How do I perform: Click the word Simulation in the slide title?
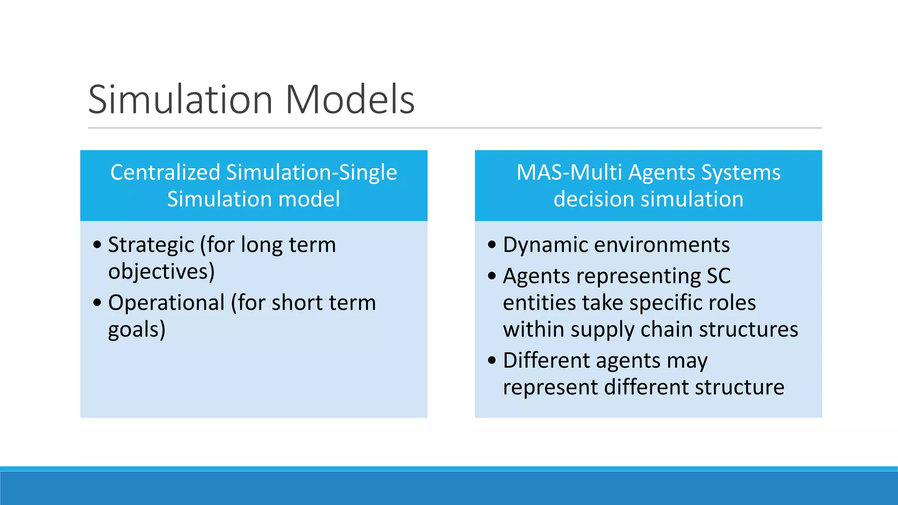point(180,100)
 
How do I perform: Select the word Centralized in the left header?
point(165,172)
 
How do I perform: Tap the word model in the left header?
point(309,199)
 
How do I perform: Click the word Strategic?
point(150,245)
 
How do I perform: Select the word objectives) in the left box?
point(161,271)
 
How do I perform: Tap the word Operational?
point(166,303)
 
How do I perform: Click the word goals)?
point(137,330)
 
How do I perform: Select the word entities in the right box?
point(539,303)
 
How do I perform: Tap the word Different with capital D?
point(546,361)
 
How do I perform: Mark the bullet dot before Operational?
point(97,302)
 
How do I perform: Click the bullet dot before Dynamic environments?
point(492,245)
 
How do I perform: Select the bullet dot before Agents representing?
point(492,276)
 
